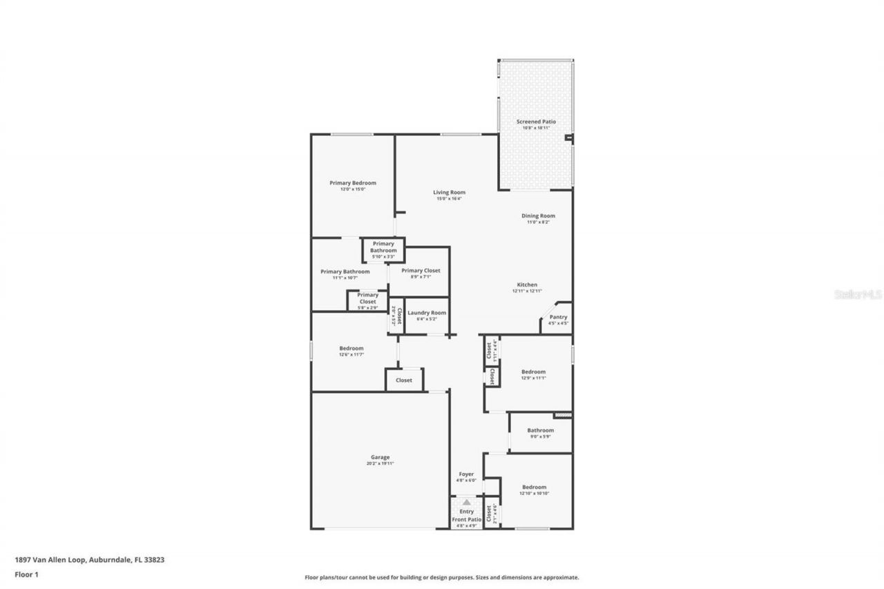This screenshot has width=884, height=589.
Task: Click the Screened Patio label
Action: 536,122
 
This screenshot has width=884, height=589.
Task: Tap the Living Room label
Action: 449,193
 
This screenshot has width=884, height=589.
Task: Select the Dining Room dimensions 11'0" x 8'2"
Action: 538,222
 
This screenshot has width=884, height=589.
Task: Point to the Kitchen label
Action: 527,284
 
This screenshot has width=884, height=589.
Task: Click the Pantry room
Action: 558,318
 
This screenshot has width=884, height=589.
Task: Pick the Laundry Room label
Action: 426,313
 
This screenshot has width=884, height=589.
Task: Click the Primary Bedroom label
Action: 352,183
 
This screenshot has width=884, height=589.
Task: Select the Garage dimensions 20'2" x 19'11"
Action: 380,464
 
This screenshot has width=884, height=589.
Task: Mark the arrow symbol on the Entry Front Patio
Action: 467,502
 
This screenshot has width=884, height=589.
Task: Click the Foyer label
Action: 467,474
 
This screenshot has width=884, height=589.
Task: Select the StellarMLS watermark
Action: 858,294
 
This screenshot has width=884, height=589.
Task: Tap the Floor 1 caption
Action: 26,574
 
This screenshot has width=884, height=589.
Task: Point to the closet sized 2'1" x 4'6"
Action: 490,514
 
